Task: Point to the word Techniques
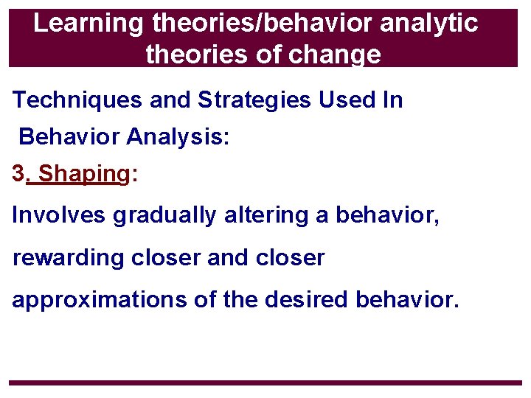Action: [78, 100]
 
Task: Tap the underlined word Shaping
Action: [83, 175]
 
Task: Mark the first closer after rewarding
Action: [166, 258]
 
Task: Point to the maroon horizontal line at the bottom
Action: [265, 383]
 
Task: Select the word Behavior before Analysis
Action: [69, 137]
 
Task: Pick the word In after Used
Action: [392, 100]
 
